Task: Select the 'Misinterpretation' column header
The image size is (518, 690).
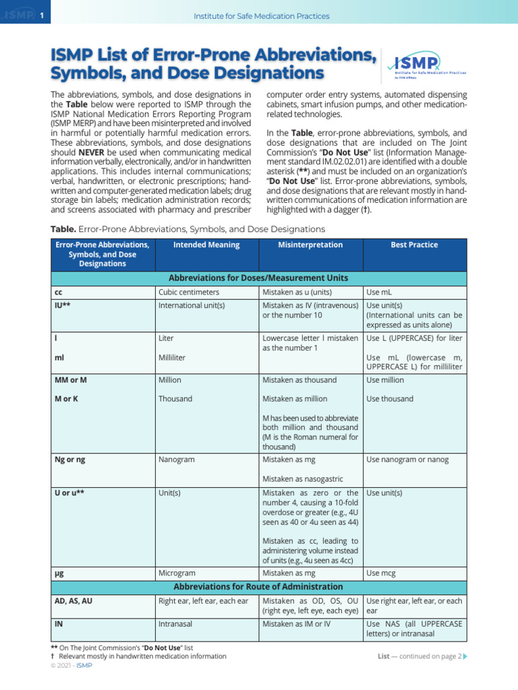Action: tap(310, 245)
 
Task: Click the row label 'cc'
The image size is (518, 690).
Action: tap(58, 292)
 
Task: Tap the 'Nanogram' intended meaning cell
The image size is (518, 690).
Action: tap(176, 460)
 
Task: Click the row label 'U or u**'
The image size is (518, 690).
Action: tap(69, 493)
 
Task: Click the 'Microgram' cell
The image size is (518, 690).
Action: tap(177, 573)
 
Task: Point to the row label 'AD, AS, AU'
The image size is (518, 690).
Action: tap(73, 600)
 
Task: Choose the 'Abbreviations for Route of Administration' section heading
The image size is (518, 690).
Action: tap(258, 587)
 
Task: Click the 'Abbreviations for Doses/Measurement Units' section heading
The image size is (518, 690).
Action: tap(258, 278)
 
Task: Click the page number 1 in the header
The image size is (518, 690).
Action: tap(41, 15)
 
